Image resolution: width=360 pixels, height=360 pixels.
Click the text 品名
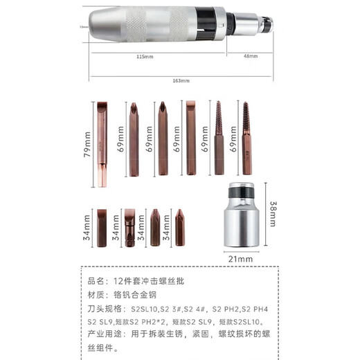(x=96, y=281)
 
